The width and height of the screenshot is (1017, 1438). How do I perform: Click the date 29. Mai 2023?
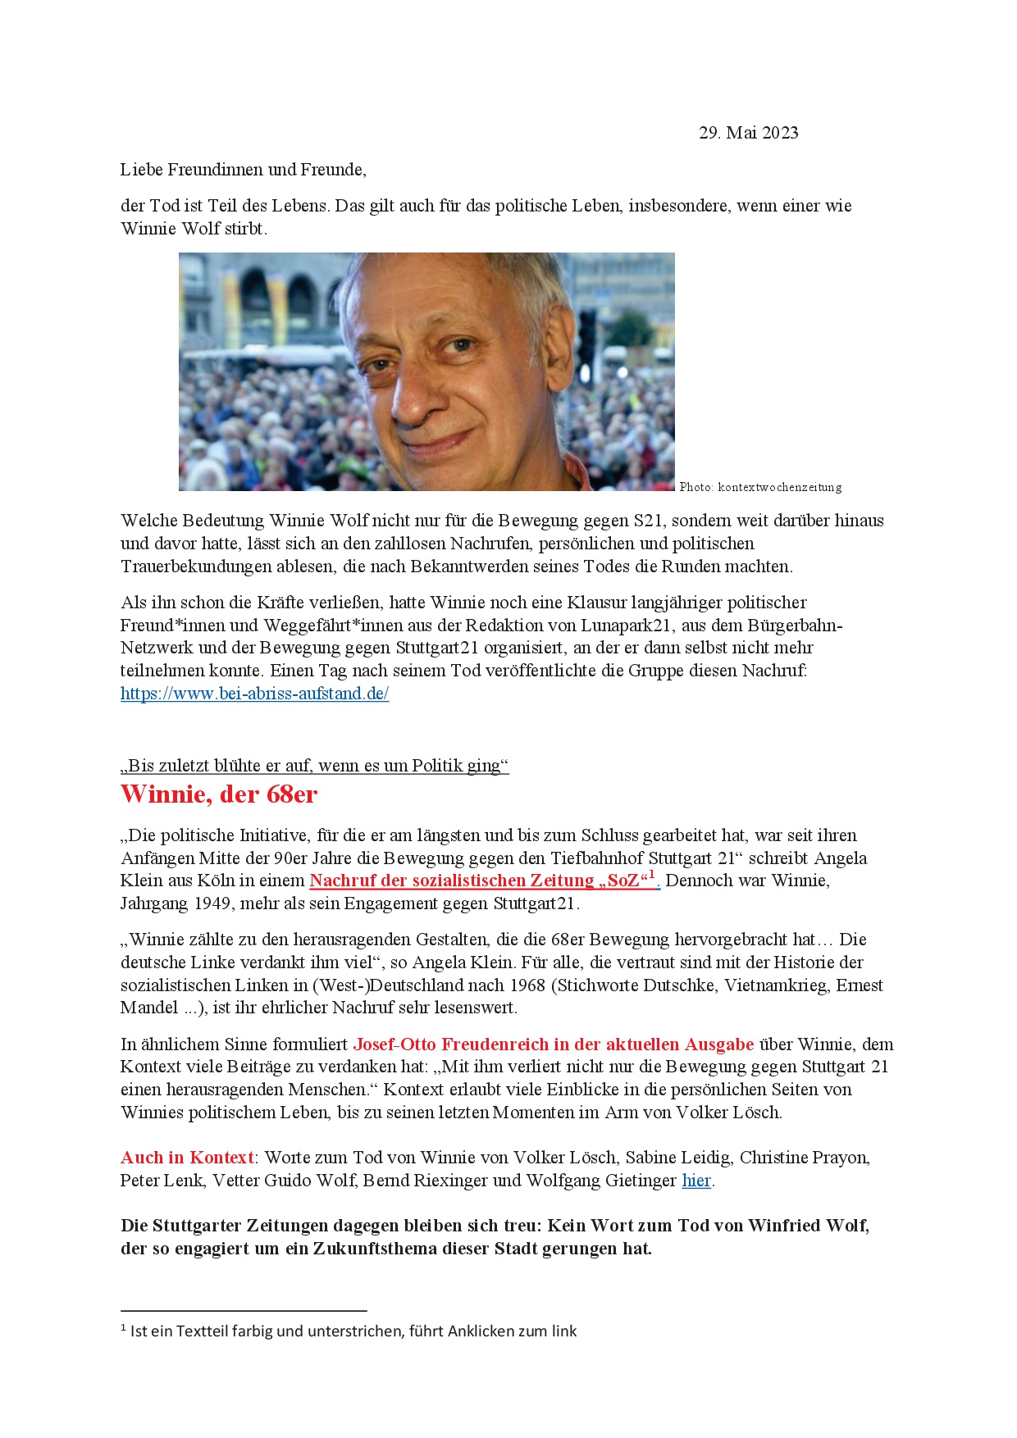(748, 133)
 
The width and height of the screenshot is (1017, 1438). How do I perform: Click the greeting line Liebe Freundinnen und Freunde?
(243, 170)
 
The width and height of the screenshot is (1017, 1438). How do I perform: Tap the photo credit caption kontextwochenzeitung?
(760, 487)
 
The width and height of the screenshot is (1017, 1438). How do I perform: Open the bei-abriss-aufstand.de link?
(254, 694)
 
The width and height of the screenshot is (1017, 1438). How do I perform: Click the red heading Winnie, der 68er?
(219, 794)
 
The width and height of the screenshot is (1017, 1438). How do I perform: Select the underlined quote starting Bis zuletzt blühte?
(314, 766)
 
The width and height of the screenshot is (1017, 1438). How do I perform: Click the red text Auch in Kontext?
(187, 1158)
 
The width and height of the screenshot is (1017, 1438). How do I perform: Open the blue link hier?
(696, 1181)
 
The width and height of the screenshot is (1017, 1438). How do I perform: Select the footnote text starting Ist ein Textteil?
(353, 1331)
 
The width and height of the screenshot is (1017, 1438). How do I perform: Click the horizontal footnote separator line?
(244, 1311)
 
